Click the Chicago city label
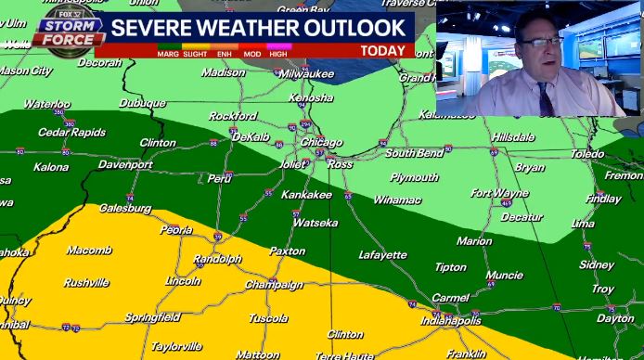coord(321,142)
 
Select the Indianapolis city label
coord(451,320)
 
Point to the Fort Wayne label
coord(499,193)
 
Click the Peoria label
coord(176,229)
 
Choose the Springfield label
coord(152,317)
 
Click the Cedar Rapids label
coord(66,132)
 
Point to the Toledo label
coord(586,154)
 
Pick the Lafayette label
coord(382,254)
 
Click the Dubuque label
coord(142,103)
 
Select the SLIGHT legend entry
coord(196,54)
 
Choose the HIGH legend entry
coord(277,54)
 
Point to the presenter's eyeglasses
coord(540,42)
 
